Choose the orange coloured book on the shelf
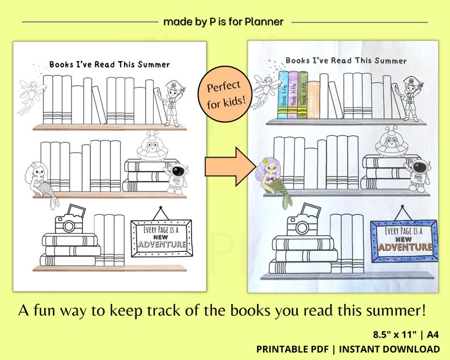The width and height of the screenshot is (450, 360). (313, 99)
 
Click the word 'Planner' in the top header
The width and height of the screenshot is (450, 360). (264, 22)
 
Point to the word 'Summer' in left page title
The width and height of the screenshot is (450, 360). (151, 65)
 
